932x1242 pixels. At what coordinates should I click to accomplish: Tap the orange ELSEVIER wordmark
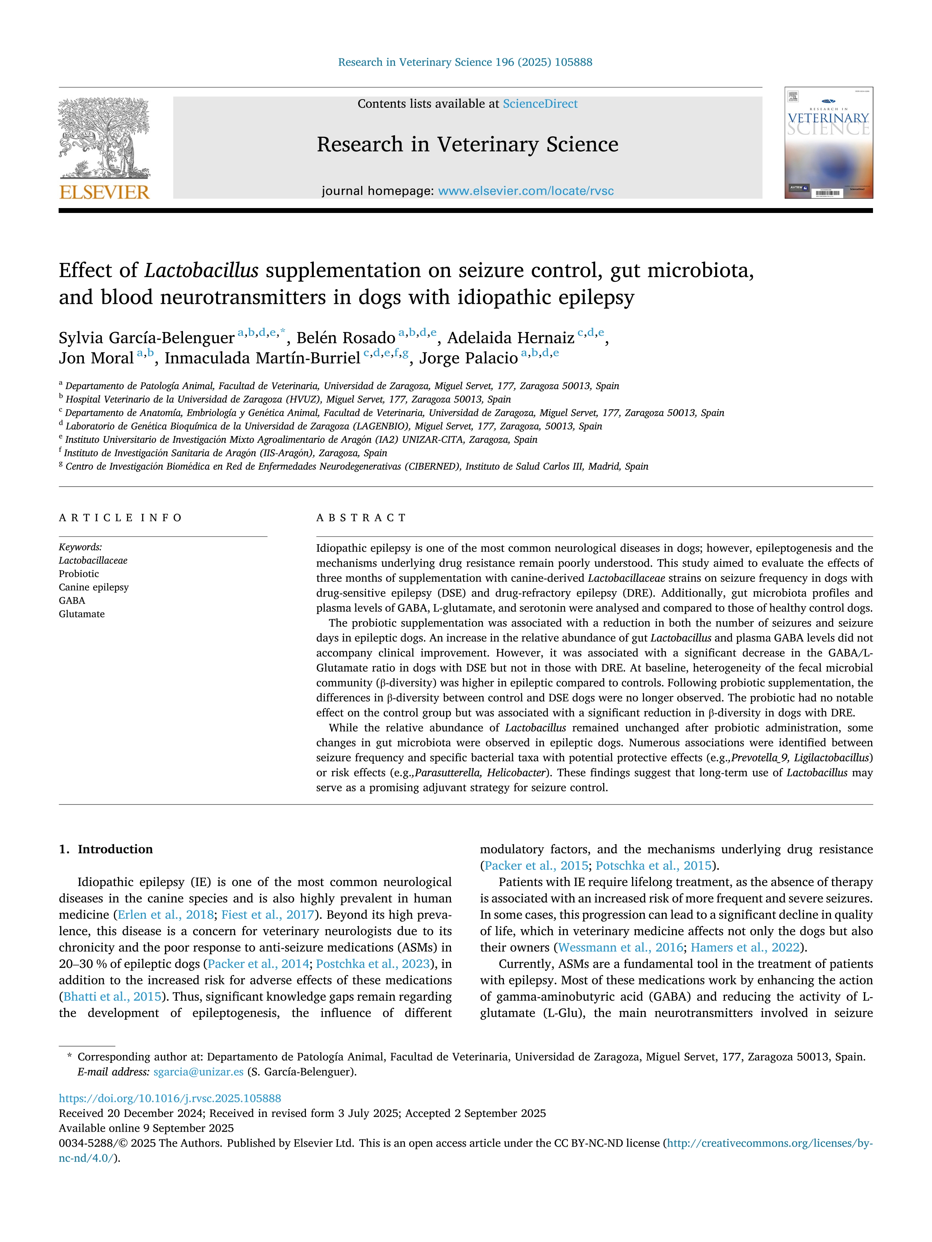tap(104, 193)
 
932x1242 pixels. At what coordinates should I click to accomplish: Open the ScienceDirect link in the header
tap(540, 104)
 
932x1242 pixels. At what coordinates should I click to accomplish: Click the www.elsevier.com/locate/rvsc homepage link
tap(526, 191)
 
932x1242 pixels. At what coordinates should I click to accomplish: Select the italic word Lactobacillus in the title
tap(201, 271)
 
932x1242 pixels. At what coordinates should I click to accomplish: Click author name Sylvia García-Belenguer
tap(146, 338)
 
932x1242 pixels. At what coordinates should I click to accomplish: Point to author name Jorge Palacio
tap(469, 358)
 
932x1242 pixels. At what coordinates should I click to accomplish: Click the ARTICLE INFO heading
tap(120, 518)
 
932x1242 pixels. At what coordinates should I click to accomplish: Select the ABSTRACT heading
tap(361, 518)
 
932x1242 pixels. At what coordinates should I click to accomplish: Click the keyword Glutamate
tap(82, 614)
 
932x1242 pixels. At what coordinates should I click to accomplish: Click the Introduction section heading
tap(115, 849)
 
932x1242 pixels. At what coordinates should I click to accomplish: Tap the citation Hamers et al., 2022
tap(745, 947)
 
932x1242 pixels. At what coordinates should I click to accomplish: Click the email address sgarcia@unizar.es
tap(198, 1072)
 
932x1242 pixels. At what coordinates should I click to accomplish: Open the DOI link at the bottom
tap(169, 1098)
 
